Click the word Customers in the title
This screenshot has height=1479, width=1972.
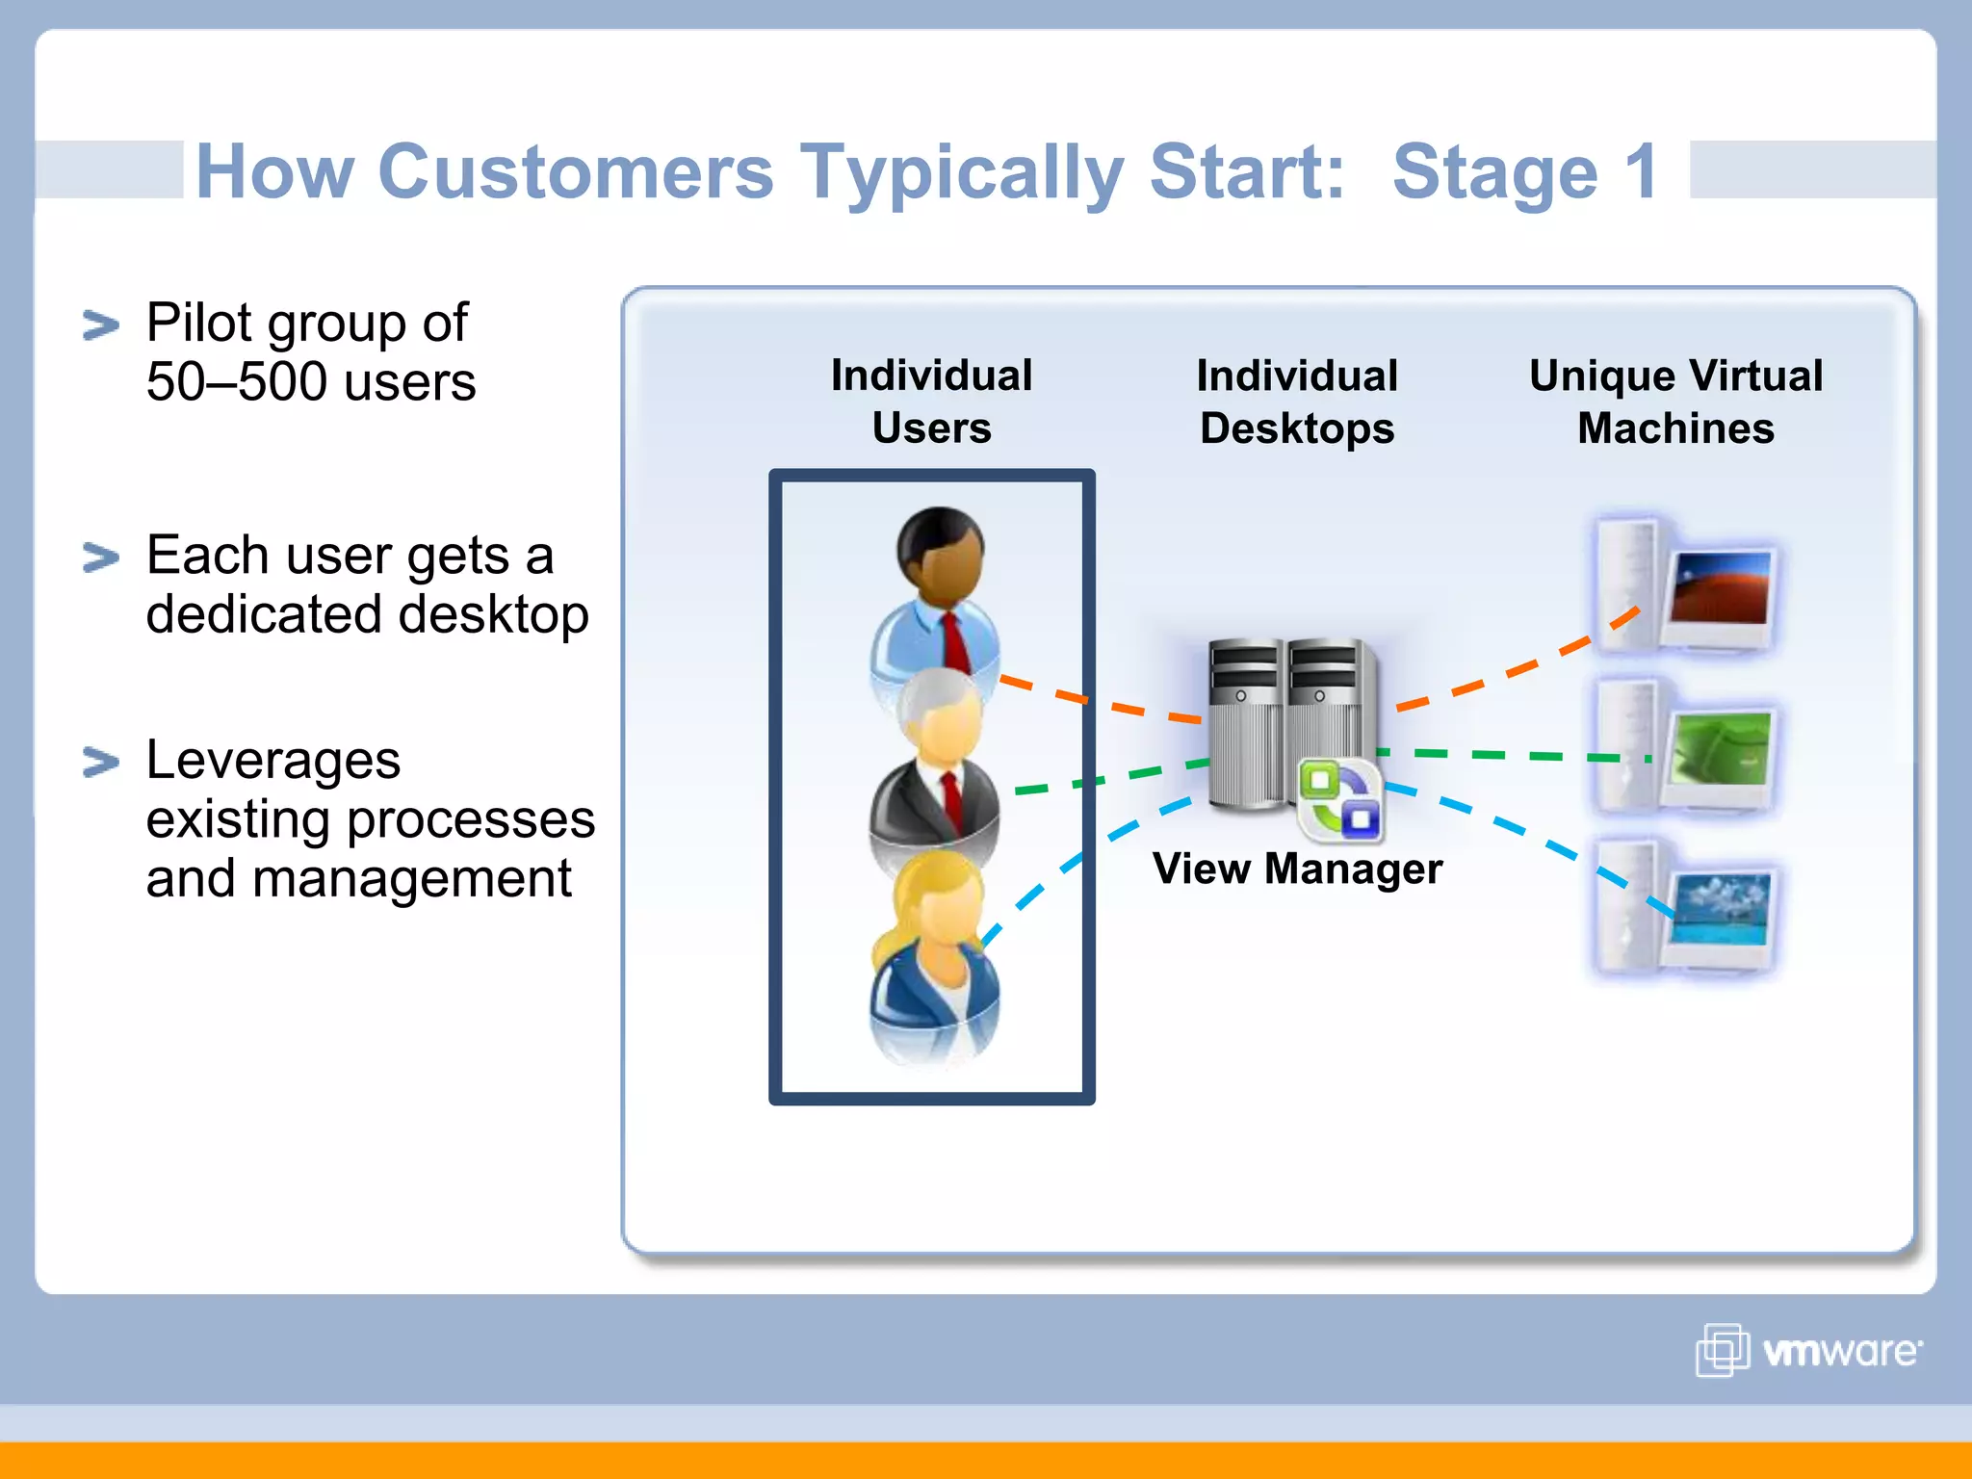[x=576, y=171]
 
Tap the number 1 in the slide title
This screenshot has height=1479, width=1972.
[x=1640, y=171]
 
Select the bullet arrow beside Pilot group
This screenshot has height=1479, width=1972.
[x=101, y=325]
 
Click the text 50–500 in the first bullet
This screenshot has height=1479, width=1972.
[x=237, y=382]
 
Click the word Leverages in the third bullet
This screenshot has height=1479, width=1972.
[x=273, y=761]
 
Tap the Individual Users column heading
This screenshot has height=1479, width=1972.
[x=931, y=401]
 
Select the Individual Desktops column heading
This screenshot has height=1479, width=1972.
[x=1297, y=401]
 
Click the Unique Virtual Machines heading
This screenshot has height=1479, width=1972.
[x=1675, y=401]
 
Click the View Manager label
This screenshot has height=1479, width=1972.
[x=1297, y=869]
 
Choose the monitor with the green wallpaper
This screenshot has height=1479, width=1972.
[x=1721, y=747]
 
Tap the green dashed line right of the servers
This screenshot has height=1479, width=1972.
[x=1512, y=755]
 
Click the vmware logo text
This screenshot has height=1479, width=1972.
[x=1840, y=1351]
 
